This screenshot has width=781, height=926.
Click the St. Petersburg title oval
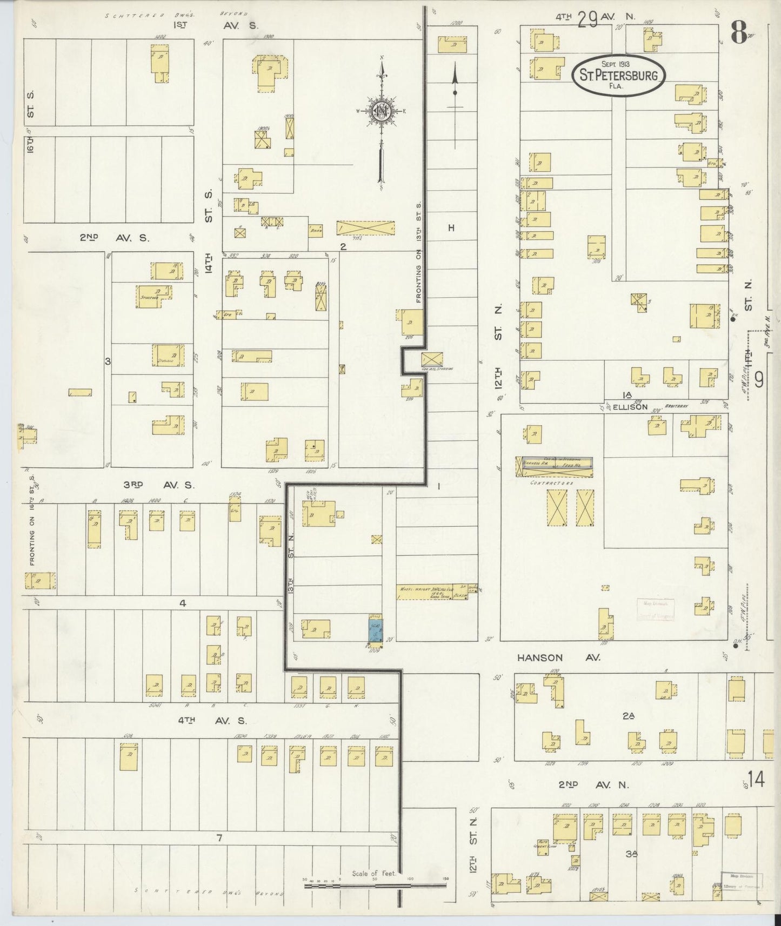(618, 76)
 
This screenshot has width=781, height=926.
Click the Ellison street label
(630, 407)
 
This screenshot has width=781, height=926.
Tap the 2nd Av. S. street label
(115, 237)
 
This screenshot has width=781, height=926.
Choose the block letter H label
(451, 228)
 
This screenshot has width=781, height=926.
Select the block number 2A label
(628, 716)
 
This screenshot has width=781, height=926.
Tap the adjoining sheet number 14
(756, 780)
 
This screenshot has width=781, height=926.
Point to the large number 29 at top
(586, 20)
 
